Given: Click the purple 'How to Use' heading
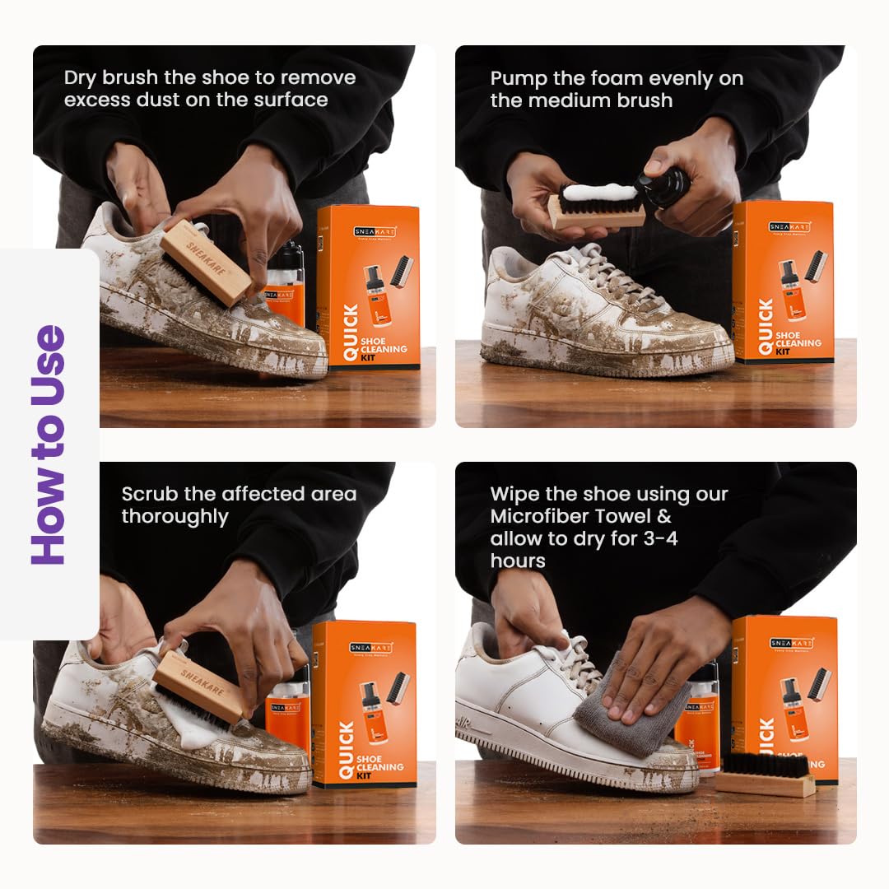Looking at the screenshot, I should [x=49, y=444].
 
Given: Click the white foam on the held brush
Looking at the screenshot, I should [x=599, y=193].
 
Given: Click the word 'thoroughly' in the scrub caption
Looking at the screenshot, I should [x=175, y=517].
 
